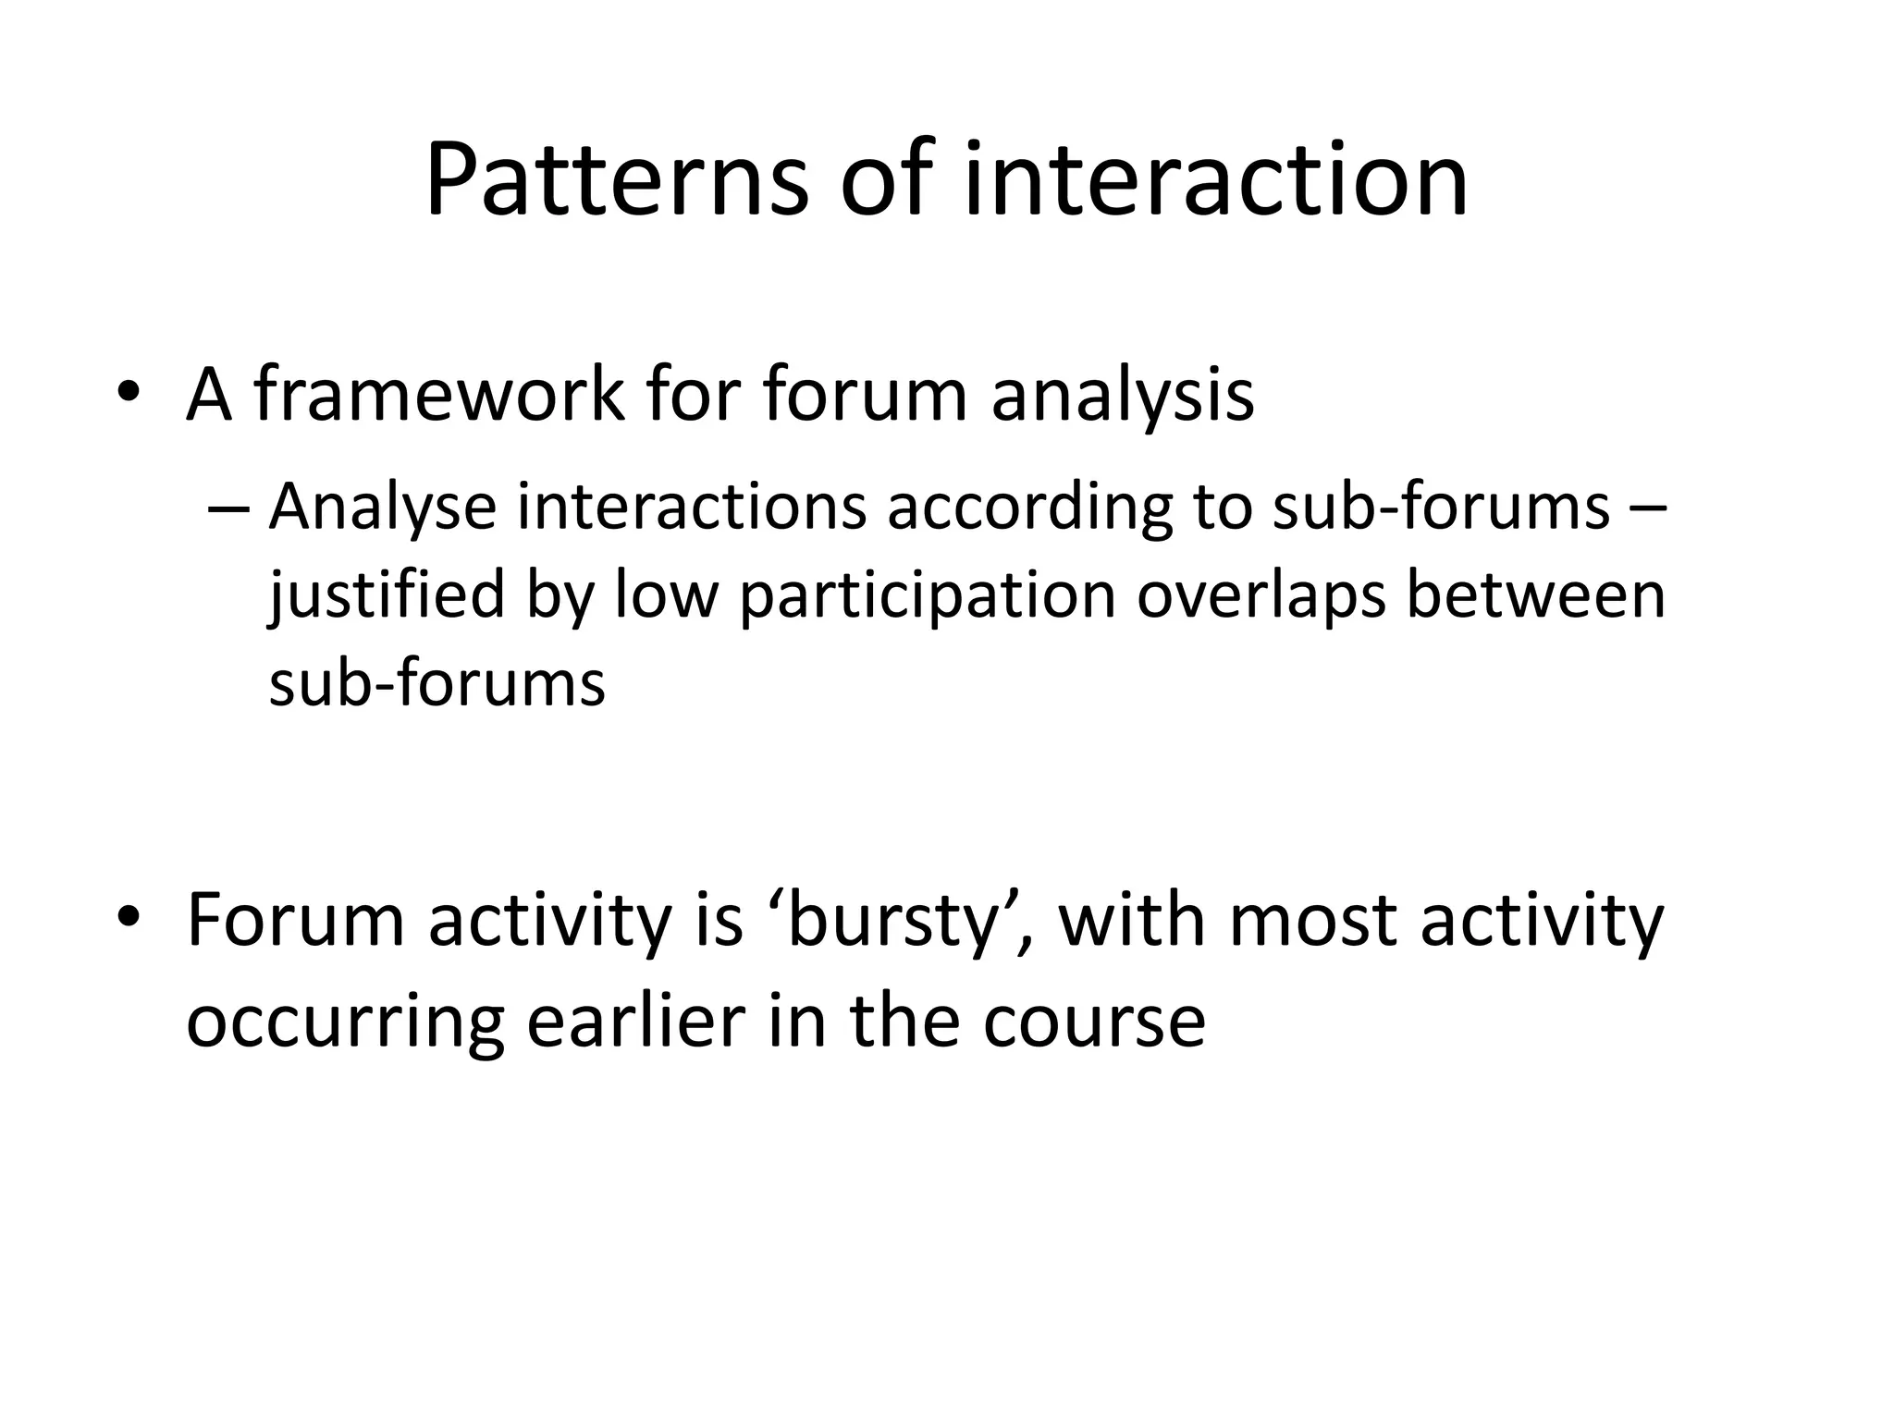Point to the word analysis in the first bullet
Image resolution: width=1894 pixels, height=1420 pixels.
[x=1122, y=396]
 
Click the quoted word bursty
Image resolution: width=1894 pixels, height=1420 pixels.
[x=889, y=922]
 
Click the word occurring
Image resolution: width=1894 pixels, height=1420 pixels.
[x=345, y=1023]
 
